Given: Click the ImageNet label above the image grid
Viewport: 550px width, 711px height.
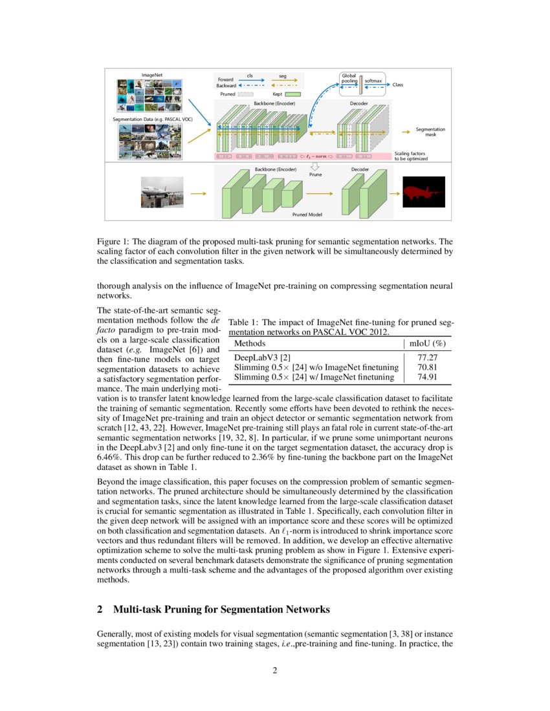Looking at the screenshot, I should coord(152,75).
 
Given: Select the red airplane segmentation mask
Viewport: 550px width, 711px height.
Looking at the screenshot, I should coord(424,192).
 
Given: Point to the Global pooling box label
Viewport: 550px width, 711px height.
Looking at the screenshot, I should coord(349,78).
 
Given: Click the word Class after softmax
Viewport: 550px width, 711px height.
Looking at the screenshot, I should coord(398,85).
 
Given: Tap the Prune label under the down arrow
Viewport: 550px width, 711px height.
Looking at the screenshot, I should coord(315,175).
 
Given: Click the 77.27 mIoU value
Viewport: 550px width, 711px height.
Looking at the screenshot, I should coord(427,356).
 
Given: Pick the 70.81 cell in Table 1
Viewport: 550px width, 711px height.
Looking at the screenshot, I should coord(427,366).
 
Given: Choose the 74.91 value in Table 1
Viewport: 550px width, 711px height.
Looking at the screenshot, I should coord(427,376).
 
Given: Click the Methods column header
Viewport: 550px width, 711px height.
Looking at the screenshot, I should coord(249,343).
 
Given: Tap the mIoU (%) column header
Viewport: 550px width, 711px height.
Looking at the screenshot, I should coord(428,343).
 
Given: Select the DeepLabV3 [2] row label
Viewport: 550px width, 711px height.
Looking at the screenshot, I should coord(261,356).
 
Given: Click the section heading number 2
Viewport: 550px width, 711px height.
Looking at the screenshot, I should coord(100,609).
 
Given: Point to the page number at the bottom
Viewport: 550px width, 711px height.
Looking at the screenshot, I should coord(274,670).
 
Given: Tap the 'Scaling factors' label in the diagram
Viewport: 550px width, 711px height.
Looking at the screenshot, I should coord(410,153).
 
